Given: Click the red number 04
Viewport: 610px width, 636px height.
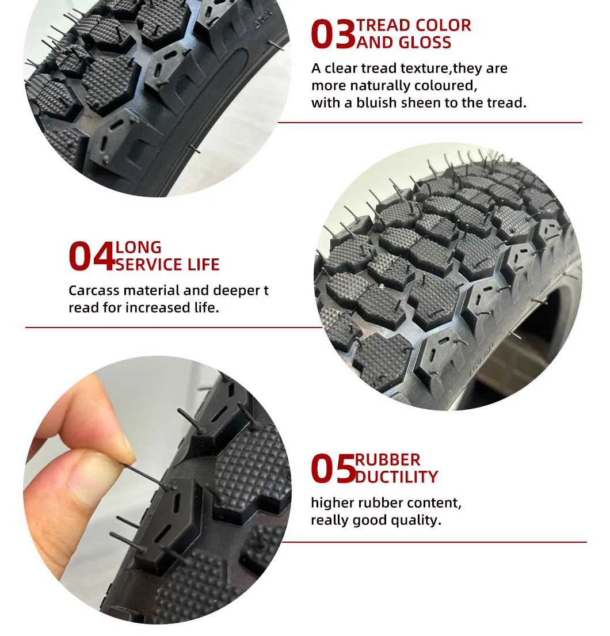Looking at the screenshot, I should pyautogui.click(x=91, y=257).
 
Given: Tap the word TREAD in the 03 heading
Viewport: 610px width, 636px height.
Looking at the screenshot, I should pyautogui.click(x=385, y=26).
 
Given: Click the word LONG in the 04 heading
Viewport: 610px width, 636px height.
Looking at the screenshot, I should pyautogui.click(x=139, y=248).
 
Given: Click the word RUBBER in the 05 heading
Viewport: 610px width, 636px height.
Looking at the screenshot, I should pyautogui.click(x=387, y=460).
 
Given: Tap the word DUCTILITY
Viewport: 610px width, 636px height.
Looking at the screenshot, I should pyautogui.click(x=396, y=477).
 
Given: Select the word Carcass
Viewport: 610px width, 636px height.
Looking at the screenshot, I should pyautogui.click(x=95, y=291).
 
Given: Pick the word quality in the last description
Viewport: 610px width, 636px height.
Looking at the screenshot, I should pyautogui.click(x=418, y=520).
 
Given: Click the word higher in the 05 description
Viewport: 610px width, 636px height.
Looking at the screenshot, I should pyautogui.click(x=332, y=503).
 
